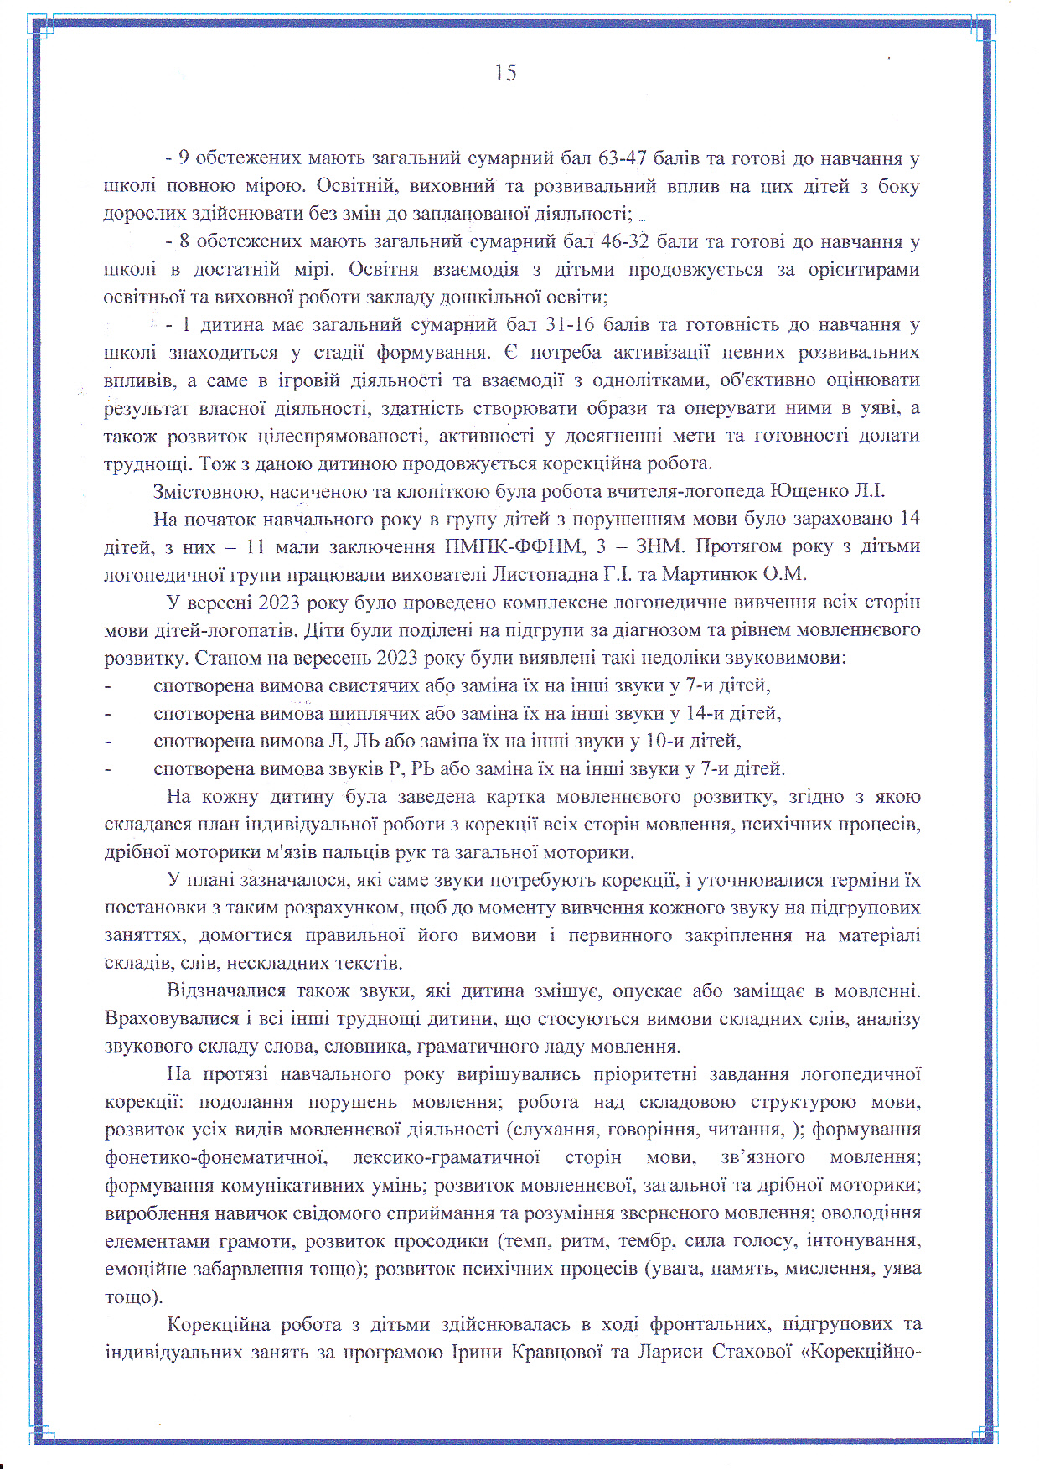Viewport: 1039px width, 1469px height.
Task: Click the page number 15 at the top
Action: click(x=505, y=73)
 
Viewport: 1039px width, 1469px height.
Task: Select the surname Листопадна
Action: click(x=544, y=574)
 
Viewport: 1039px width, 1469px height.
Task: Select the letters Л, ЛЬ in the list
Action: click(x=353, y=741)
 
